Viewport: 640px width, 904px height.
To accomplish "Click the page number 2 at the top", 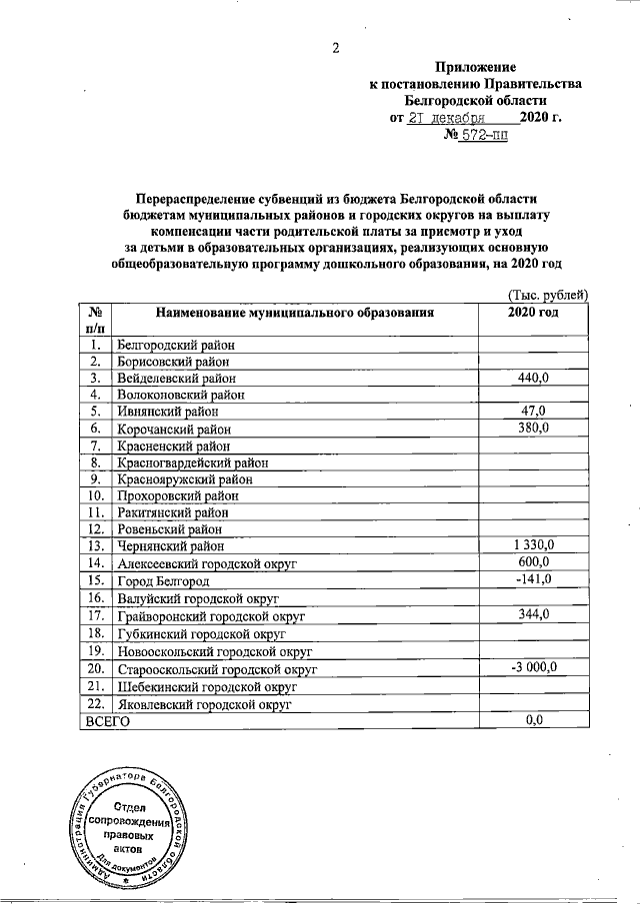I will [337, 48].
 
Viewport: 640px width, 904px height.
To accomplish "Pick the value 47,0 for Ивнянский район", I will [534, 411].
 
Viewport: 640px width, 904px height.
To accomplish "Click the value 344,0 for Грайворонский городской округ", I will [534, 614].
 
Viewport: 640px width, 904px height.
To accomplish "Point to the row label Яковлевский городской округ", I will [204, 703].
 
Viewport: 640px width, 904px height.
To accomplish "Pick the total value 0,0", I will [534, 720].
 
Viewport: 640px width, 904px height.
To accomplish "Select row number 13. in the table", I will [96, 545].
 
